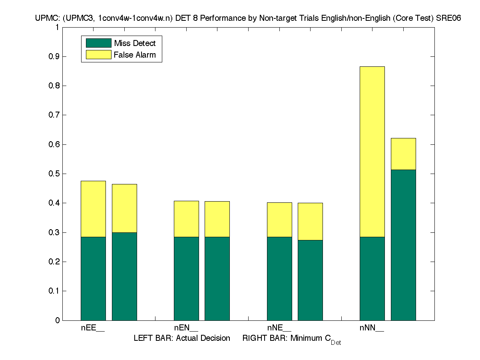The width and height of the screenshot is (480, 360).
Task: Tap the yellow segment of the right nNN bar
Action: coord(403,154)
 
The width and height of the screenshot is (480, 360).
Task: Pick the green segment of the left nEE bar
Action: coord(93,278)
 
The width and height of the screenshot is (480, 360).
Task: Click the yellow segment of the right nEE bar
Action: coord(124,208)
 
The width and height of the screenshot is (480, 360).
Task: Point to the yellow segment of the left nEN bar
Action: coord(186,219)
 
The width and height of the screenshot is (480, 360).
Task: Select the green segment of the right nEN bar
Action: coord(217,278)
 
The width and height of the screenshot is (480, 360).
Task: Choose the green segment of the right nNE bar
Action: coord(310,280)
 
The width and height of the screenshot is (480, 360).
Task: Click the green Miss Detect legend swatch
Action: coord(98,43)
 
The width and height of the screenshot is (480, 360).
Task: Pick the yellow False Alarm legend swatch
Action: coord(98,54)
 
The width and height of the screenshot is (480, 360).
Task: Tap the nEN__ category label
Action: coord(186,328)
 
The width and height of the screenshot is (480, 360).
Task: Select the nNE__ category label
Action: coord(279,328)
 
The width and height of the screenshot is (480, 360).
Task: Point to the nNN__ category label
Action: coord(372,328)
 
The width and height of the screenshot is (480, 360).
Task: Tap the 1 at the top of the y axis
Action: coord(57,27)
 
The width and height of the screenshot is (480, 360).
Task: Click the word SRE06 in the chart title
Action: coord(444,18)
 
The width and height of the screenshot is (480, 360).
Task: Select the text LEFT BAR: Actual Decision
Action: coord(182,338)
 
